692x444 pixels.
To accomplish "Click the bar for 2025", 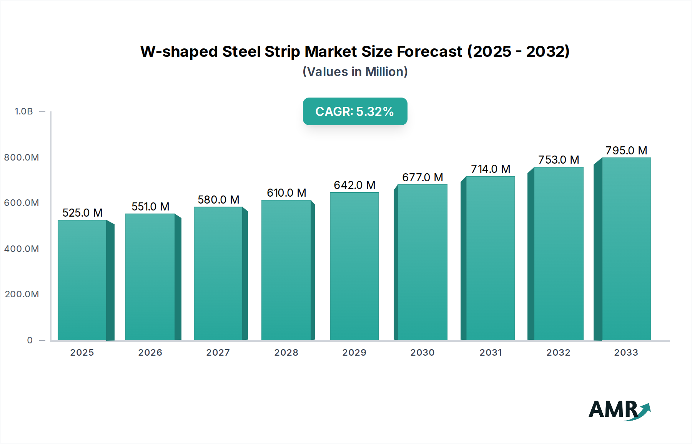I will pyautogui.click(x=82, y=280).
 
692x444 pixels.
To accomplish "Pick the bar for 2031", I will pyautogui.click(x=490, y=258).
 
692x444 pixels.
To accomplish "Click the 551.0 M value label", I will pyautogui.click(x=150, y=207).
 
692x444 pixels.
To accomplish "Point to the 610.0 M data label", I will pyautogui.click(x=286, y=193).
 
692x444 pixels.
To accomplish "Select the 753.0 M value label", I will pyautogui.click(x=558, y=160).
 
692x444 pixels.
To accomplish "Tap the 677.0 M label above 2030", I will pyautogui.click(x=423, y=177).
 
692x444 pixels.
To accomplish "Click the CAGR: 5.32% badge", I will pyautogui.click(x=355, y=111).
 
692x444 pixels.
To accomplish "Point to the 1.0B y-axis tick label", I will pyautogui.click(x=24, y=111).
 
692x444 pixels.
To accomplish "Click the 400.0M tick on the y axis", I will pyautogui.click(x=22, y=249).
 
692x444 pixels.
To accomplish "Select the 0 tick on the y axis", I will pyautogui.click(x=30, y=340).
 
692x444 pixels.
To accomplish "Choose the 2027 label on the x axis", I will pyautogui.click(x=218, y=353).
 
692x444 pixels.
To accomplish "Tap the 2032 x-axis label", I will pyautogui.click(x=558, y=353).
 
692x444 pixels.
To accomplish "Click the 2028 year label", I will pyautogui.click(x=286, y=353).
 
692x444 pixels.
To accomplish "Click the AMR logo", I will pyautogui.click(x=619, y=410).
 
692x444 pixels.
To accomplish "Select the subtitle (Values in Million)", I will pyautogui.click(x=355, y=72).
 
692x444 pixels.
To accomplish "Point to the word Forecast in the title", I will pyautogui.click(x=429, y=51).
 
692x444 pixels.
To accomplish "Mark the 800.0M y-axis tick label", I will pyautogui.click(x=22, y=157).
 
